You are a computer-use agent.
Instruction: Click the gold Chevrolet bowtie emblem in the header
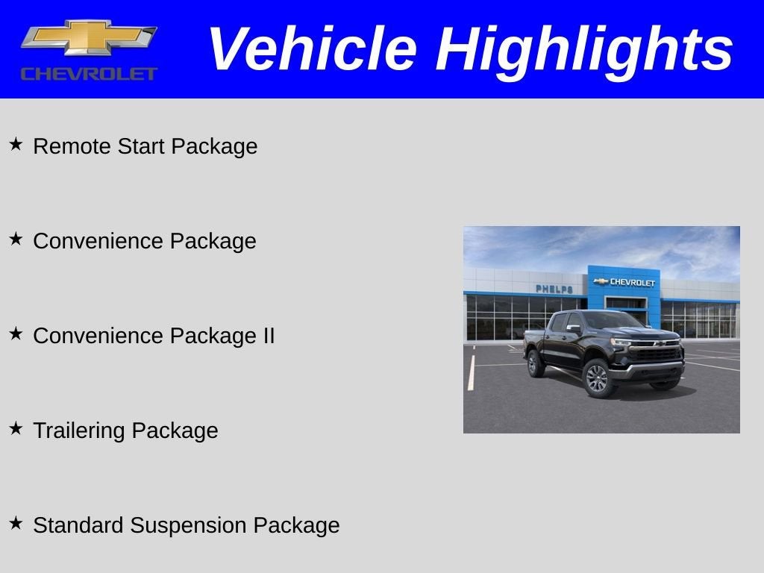click(89, 38)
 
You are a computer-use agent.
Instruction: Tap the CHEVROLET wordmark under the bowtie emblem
click(89, 73)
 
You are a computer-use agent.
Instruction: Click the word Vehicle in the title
click(312, 49)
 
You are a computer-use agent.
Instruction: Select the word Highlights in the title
click(584, 49)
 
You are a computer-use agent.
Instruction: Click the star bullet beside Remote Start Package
click(16, 144)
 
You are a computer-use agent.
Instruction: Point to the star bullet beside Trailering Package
click(16, 428)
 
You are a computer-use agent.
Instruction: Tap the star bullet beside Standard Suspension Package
click(16, 523)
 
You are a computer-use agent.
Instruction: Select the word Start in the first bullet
click(142, 146)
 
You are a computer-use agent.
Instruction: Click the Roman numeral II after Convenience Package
click(269, 336)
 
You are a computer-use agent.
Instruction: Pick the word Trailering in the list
click(79, 430)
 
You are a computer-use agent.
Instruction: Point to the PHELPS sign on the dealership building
click(554, 289)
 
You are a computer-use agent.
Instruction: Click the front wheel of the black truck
click(598, 378)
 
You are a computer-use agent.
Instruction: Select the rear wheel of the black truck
click(535, 364)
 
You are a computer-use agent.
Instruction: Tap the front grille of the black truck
click(656, 353)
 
